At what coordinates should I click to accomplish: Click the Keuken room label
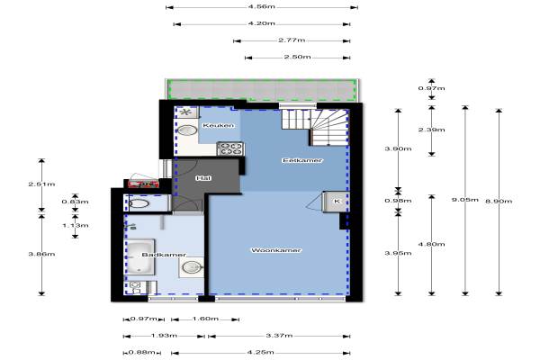click(219, 125)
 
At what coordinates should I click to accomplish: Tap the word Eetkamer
click(302, 160)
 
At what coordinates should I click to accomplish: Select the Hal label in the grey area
click(203, 178)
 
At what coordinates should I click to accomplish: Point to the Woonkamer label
click(276, 250)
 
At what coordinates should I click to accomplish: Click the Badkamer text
click(164, 255)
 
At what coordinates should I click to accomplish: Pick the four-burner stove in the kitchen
click(230, 148)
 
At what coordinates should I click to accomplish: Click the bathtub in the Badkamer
click(140, 257)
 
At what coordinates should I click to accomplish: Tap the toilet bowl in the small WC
click(139, 203)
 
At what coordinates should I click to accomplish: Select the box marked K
click(336, 202)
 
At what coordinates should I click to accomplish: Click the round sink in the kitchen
click(187, 130)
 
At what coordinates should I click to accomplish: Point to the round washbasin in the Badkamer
click(192, 267)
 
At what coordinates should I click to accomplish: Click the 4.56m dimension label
click(262, 6)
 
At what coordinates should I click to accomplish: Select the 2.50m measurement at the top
click(298, 57)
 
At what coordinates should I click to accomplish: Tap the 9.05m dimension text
click(465, 200)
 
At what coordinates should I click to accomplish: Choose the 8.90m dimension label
click(499, 201)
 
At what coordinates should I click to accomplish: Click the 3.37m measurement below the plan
click(279, 335)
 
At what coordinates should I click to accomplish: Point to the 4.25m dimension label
click(261, 352)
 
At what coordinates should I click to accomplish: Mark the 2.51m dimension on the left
click(41, 184)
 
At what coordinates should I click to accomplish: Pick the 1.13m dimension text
click(75, 225)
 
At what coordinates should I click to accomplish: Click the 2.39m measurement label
click(431, 130)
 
